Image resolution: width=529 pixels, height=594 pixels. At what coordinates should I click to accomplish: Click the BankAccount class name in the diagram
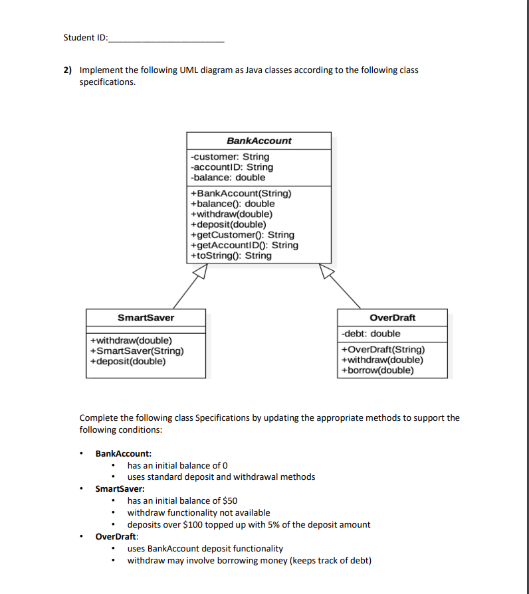[x=259, y=141]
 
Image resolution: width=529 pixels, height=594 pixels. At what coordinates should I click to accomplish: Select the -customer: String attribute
[x=230, y=157]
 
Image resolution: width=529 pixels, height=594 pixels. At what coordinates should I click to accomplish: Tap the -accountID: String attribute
[x=231, y=167]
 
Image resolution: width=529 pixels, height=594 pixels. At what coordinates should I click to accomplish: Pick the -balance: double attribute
[x=228, y=177]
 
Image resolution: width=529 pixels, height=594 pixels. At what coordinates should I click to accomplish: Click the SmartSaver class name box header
[x=146, y=317]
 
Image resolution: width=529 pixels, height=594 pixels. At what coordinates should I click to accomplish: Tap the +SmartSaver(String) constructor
[x=137, y=351]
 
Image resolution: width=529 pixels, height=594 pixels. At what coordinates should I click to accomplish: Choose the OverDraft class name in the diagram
[x=392, y=317]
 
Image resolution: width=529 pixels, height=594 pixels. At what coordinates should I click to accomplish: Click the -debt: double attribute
[x=371, y=333]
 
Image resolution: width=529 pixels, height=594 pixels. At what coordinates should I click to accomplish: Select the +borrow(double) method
[x=377, y=370]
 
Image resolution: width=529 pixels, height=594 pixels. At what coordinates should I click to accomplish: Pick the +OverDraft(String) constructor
[x=382, y=350]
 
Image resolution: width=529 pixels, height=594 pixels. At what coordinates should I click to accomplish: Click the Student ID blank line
[x=165, y=38]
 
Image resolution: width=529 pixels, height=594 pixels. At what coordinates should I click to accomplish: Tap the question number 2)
[x=68, y=70]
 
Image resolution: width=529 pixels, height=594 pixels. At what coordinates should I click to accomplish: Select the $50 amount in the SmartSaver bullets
[x=229, y=500]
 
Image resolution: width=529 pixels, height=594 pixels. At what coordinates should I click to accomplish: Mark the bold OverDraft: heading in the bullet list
[x=117, y=536]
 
